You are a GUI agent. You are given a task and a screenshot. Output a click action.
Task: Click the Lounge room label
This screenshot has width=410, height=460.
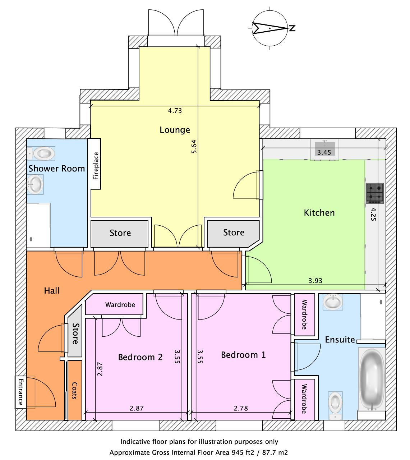click(175, 130)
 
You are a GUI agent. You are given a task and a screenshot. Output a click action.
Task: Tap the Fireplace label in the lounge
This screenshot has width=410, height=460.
click(96, 166)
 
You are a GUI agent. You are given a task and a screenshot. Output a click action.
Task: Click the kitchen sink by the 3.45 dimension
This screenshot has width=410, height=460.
click(325, 149)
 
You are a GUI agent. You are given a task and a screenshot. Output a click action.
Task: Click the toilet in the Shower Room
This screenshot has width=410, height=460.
click(41, 153)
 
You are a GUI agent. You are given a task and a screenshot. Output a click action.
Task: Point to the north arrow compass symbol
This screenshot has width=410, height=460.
click(270, 28)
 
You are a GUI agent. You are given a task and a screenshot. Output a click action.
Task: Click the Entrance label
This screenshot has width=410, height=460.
click(20, 392)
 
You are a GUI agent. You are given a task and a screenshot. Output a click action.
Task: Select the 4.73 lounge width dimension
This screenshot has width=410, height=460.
click(175, 111)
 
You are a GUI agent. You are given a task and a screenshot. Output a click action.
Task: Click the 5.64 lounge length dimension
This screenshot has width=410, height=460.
click(194, 147)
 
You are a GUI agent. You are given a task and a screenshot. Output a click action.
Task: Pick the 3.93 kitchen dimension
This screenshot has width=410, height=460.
click(315, 281)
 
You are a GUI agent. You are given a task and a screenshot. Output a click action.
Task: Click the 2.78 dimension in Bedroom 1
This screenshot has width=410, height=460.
click(240, 408)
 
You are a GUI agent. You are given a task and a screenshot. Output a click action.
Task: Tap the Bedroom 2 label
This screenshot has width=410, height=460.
click(140, 357)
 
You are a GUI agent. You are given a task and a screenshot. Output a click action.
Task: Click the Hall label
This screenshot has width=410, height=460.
click(52, 290)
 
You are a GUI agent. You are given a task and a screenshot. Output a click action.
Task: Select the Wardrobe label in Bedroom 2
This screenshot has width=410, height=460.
click(120, 305)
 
